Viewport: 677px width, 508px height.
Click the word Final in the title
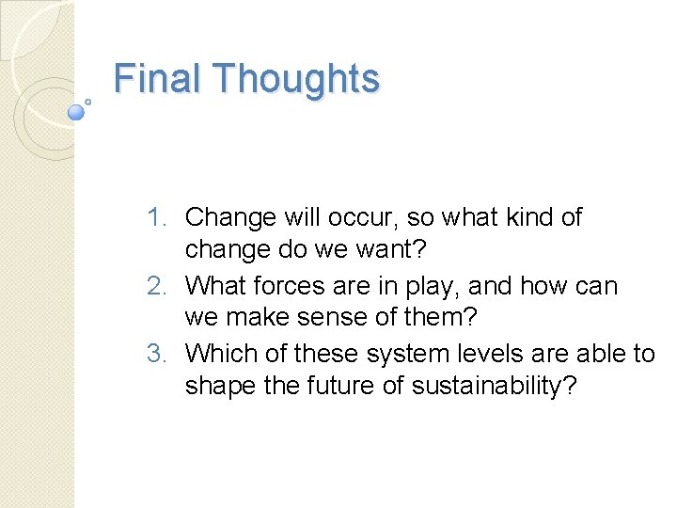(x=153, y=78)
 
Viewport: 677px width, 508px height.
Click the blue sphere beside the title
(x=77, y=111)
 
